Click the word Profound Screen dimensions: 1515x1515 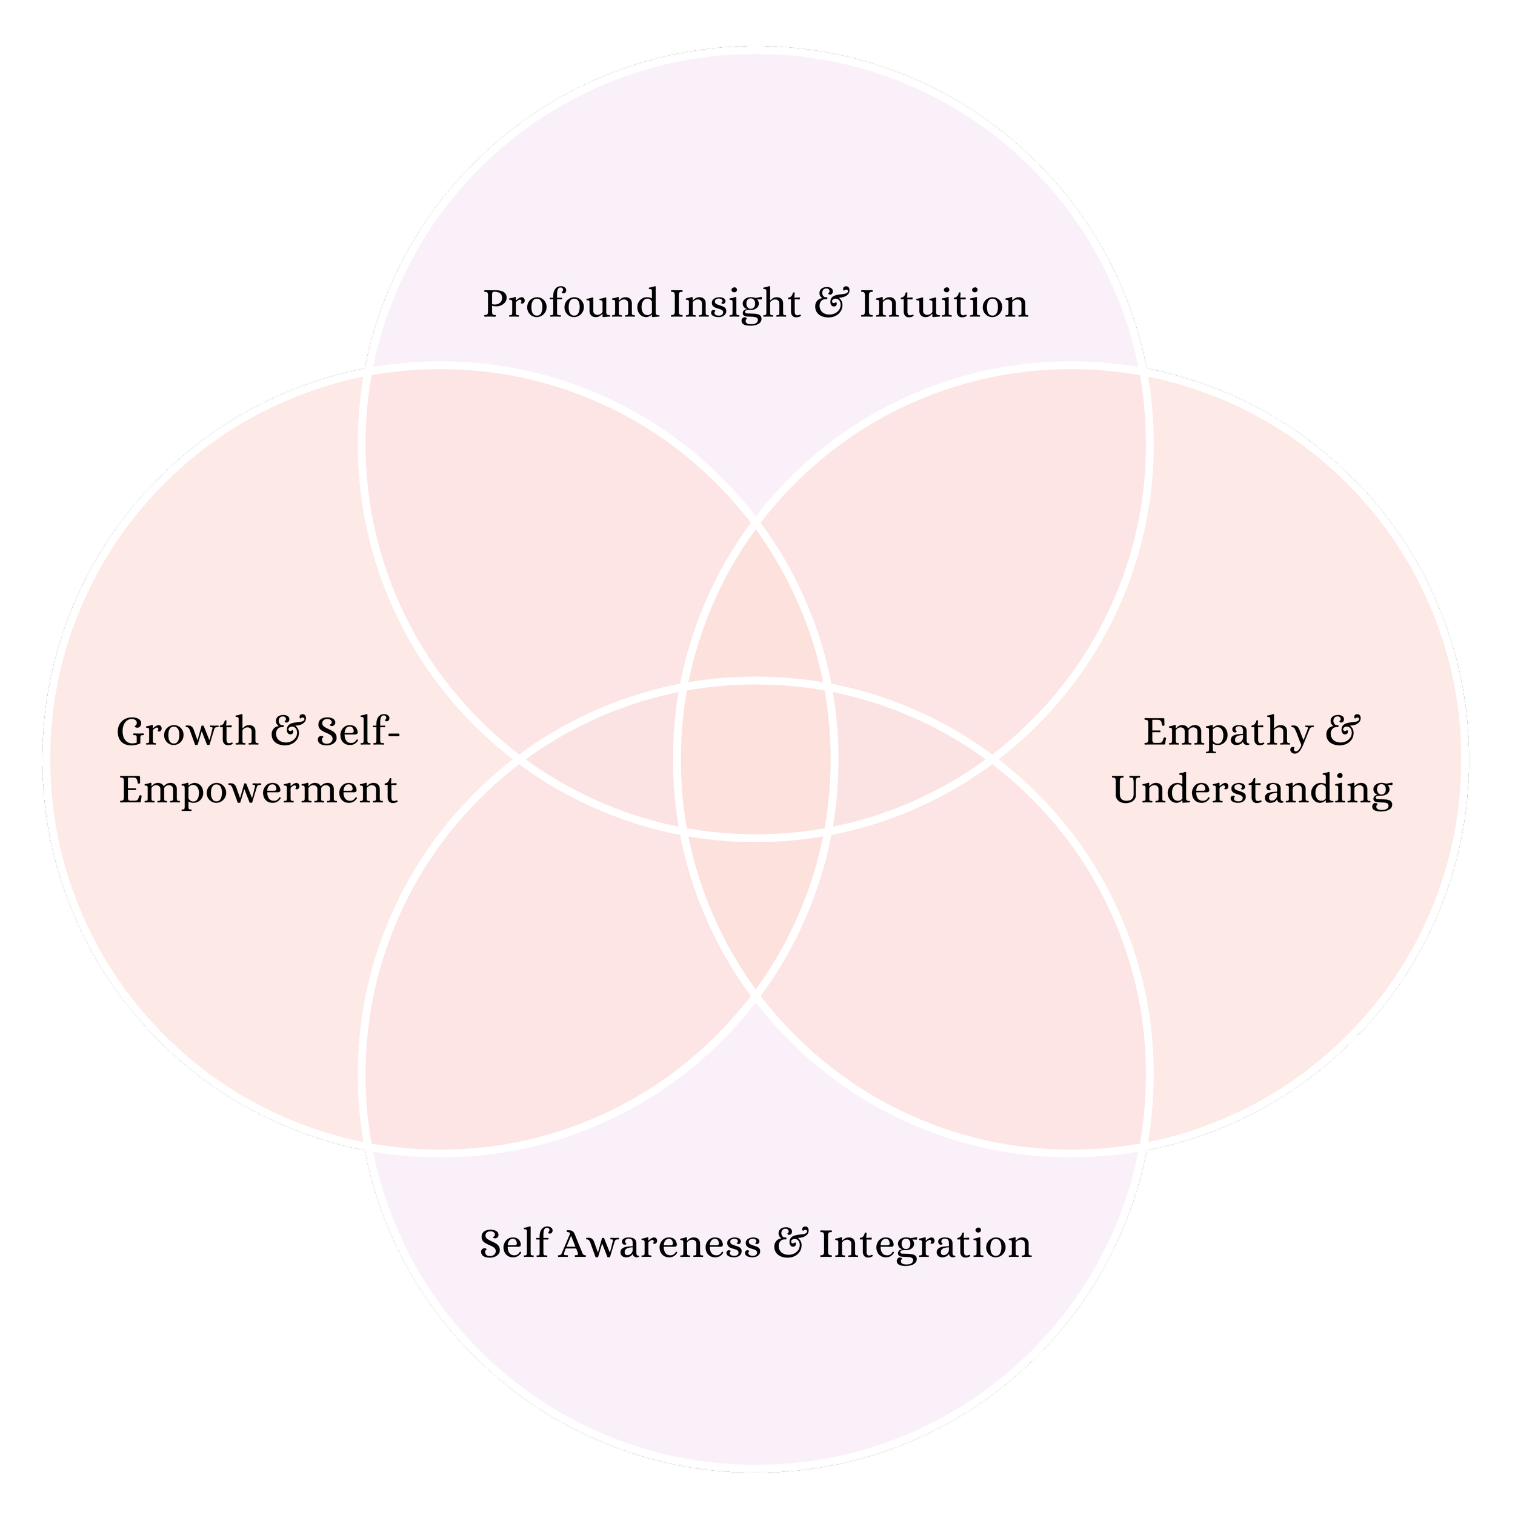tap(570, 304)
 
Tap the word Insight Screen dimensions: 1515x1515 tap(734, 304)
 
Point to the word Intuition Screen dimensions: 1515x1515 tap(944, 304)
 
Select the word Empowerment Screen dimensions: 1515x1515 tap(258, 790)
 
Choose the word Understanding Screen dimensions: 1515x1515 tap(1253, 790)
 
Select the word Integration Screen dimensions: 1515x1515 tap(925, 1245)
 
